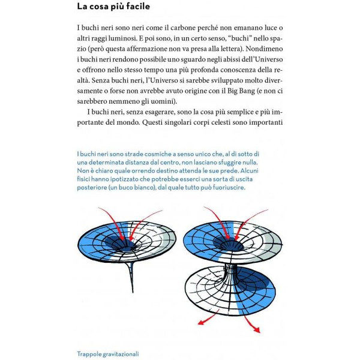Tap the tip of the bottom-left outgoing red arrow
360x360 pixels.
point(199,325)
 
